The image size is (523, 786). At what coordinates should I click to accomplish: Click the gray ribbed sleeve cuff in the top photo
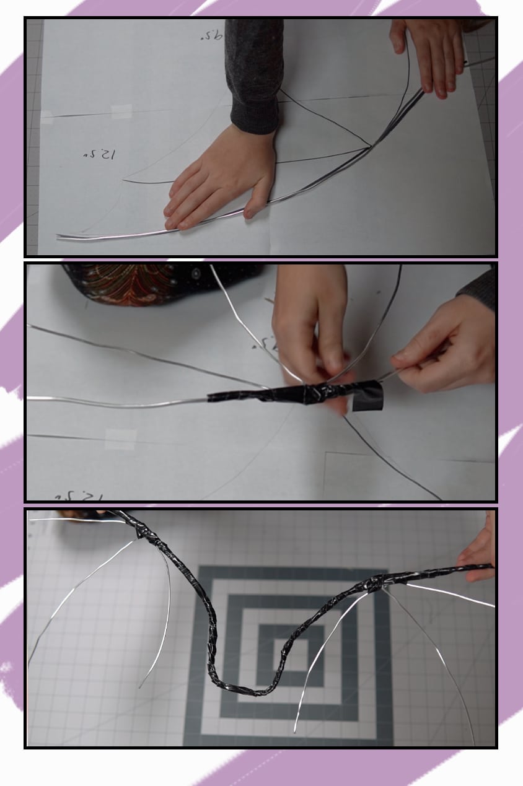click(254, 114)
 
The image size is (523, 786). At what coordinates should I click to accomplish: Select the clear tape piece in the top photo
click(121, 111)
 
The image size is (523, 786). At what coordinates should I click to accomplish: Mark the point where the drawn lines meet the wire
click(371, 147)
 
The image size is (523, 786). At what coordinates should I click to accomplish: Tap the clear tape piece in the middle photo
click(121, 439)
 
